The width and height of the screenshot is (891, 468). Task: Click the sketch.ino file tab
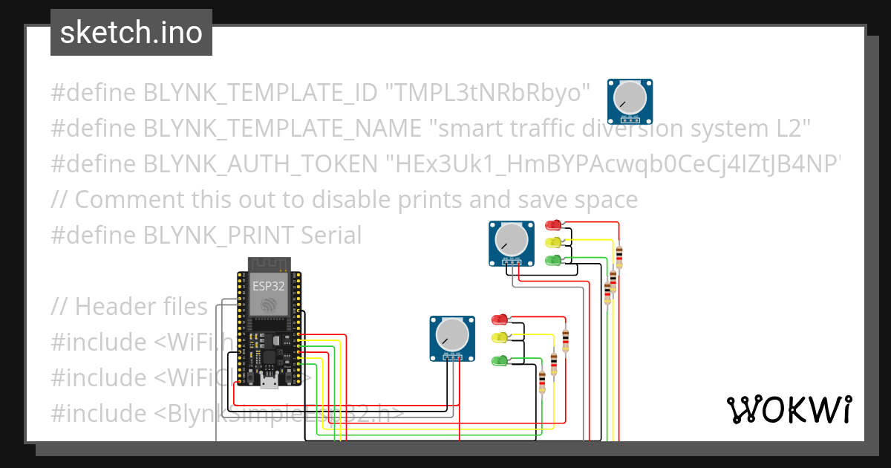131,33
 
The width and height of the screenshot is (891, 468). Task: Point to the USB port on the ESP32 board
267,383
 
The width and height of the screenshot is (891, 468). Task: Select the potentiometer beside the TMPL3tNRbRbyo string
630,100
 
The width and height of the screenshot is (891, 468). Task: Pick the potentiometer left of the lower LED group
452,338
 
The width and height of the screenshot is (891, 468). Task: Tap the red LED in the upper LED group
553,225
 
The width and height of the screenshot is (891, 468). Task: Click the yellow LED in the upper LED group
553,243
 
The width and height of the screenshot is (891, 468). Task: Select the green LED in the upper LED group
553,261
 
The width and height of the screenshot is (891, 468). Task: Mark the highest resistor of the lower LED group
566,341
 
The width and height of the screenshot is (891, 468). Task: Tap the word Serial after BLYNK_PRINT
331,235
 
